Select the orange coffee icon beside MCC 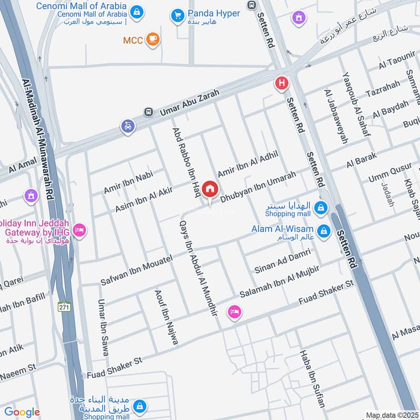pos(152,39)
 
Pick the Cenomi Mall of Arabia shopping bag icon pos(136,12)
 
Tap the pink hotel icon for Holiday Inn pos(79,230)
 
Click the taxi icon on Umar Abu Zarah pos(128,126)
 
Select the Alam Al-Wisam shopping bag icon pos(323,230)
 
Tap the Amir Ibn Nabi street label pos(128,182)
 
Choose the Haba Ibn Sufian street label pos(313,379)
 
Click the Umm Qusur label pos(390,174)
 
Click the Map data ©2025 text pos(391,415)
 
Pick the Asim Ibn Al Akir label pos(144,200)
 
